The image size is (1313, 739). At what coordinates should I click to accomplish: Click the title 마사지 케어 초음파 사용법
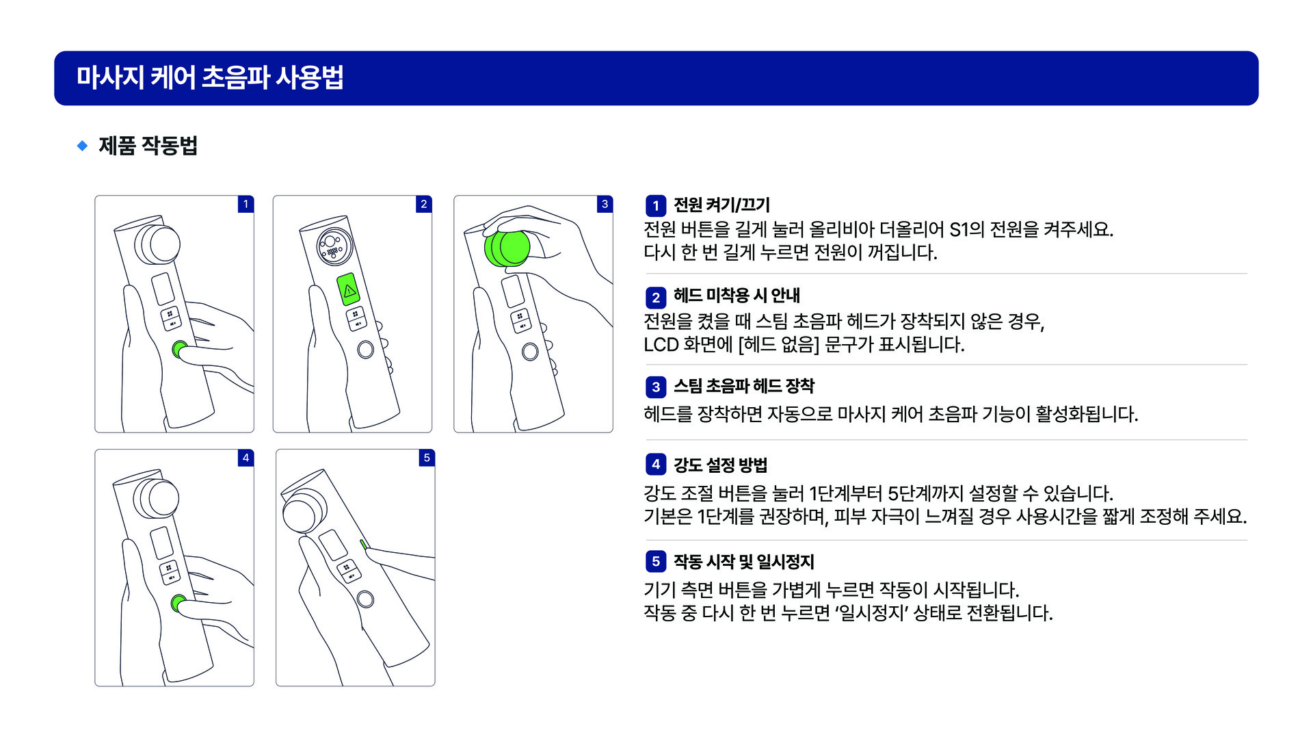[209, 77]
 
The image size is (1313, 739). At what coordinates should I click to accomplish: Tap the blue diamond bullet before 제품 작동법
[82, 145]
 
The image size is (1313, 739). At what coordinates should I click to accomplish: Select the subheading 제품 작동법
[148, 145]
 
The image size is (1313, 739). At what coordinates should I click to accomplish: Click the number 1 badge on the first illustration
[246, 204]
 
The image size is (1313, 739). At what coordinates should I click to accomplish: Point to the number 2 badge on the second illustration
[423, 204]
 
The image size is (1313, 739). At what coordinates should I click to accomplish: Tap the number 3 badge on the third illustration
[605, 204]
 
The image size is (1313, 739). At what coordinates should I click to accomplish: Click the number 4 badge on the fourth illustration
[246, 458]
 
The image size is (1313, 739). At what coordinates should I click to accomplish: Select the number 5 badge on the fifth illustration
[427, 458]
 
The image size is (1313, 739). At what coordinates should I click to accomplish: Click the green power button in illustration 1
[179, 349]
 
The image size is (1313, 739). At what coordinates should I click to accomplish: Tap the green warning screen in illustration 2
[349, 290]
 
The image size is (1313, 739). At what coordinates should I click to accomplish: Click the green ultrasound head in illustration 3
[507, 248]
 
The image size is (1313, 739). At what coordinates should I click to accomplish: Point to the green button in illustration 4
[178, 603]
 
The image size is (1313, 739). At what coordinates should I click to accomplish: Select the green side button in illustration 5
[364, 545]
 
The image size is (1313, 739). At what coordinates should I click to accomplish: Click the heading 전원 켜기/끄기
[721, 205]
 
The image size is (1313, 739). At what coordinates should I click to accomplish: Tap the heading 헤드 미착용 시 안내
[737, 296]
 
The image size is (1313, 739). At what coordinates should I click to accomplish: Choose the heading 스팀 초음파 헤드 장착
[744, 386]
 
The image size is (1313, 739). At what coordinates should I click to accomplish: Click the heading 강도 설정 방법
[720, 465]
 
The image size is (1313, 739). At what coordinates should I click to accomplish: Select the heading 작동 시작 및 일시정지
[744, 562]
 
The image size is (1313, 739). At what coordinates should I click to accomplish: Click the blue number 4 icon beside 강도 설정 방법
[656, 465]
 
